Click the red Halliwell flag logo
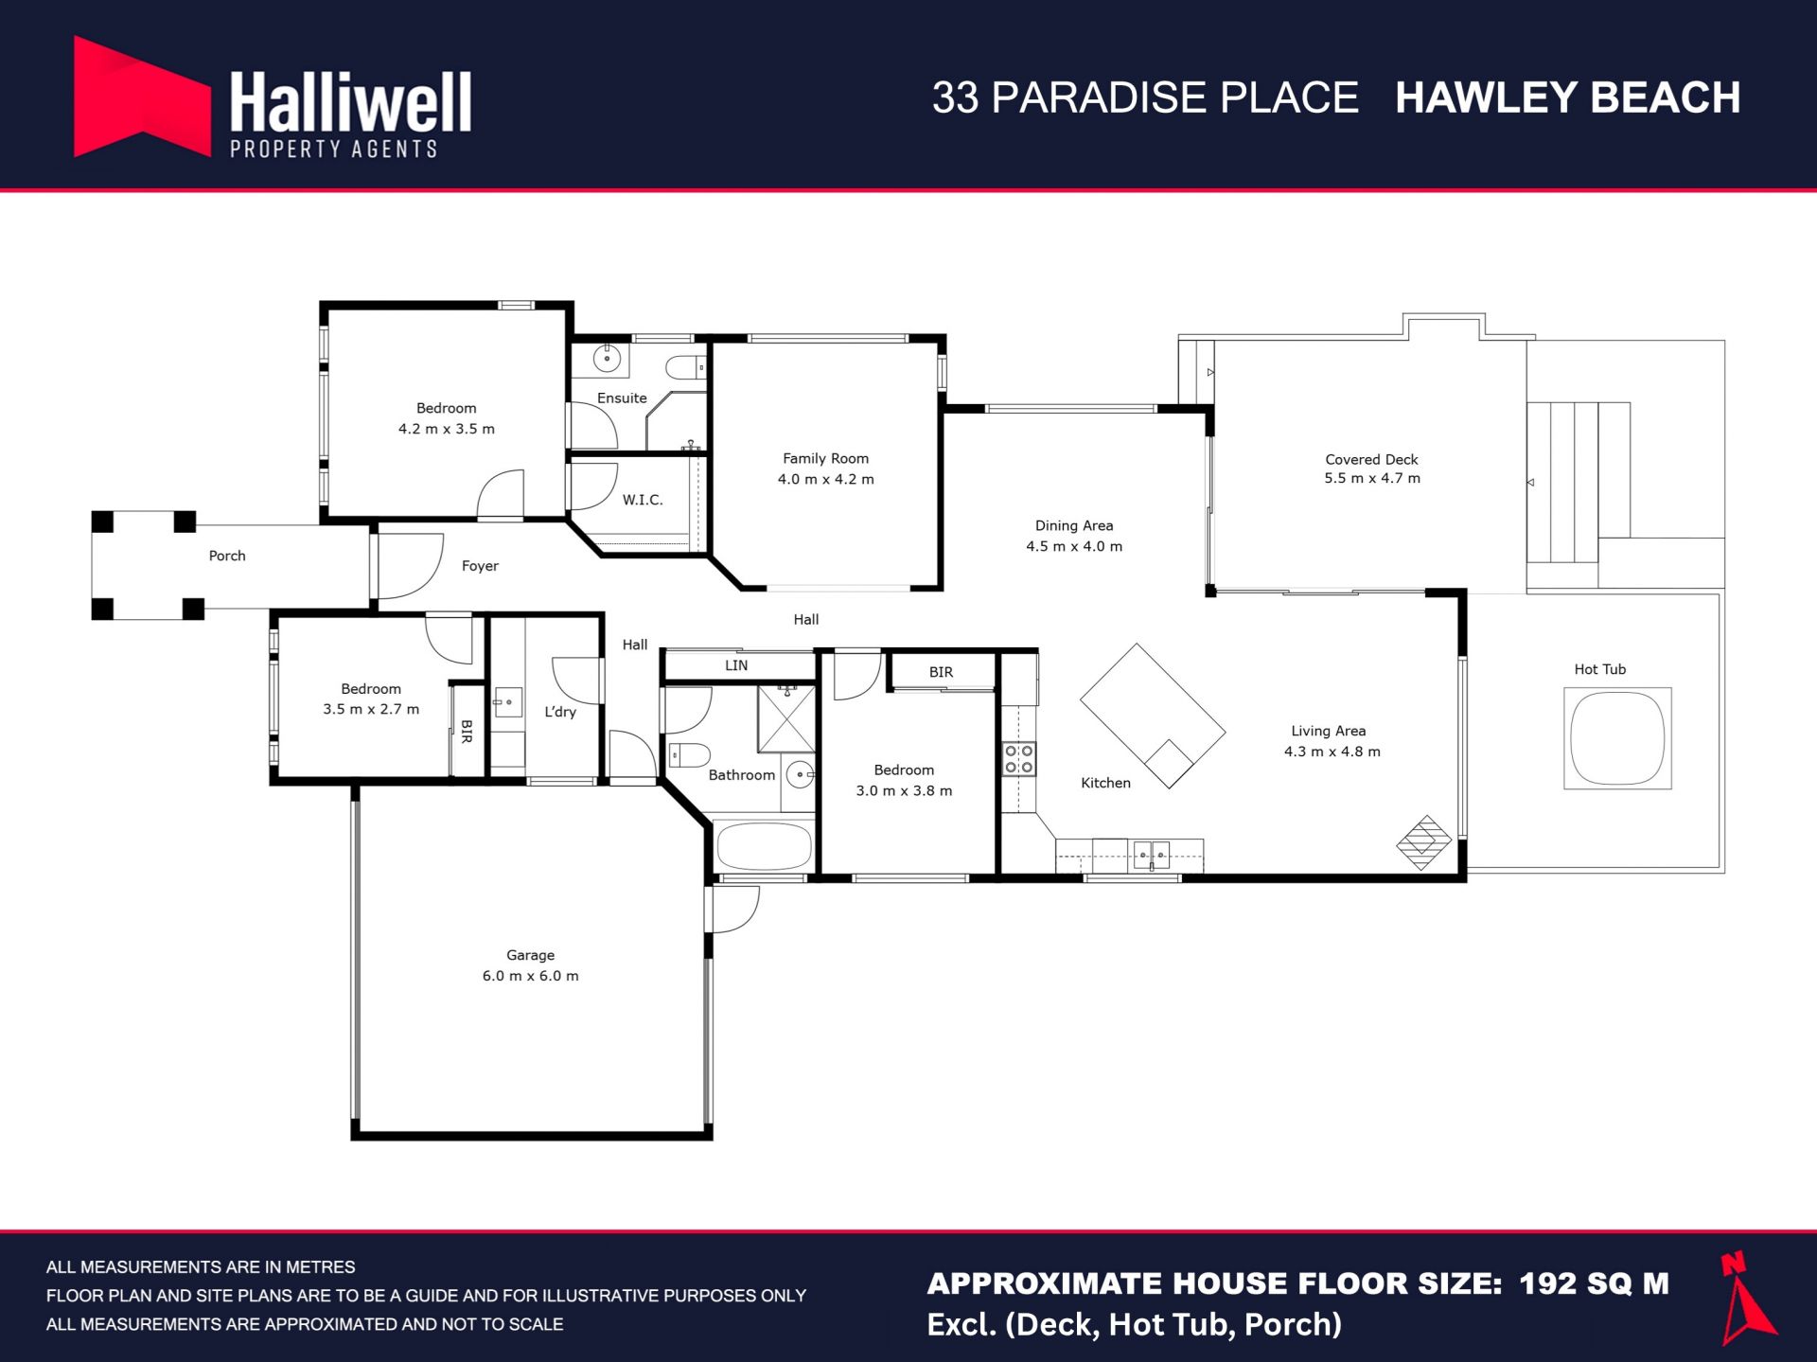coord(142,97)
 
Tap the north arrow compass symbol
coord(1747,1299)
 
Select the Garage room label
coord(530,955)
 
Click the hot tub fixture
coord(1617,738)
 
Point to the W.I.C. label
coord(643,500)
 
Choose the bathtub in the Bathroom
coord(765,845)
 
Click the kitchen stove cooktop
coord(1019,759)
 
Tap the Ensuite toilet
coord(686,367)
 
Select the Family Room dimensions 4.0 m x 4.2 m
coord(826,479)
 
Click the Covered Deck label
coord(1371,459)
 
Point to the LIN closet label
coord(736,665)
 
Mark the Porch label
coord(227,556)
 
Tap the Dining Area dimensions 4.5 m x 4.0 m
coord(1074,546)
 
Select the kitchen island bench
coord(1153,716)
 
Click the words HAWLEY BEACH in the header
coord(1567,97)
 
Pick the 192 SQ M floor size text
coord(1594,1283)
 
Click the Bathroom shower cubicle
coord(786,719)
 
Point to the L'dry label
coord(560,712)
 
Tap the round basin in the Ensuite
coord(607,359)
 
